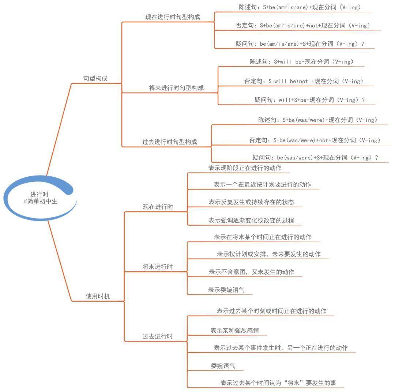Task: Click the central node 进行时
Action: coord(39,194)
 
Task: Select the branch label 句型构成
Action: coord(95,78)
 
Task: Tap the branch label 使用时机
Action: coord(98,296)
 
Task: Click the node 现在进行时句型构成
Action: coord(173,17)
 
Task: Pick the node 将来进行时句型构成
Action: coord(176,88)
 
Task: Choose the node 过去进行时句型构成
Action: coord(170,142)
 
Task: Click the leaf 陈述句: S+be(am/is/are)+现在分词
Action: coord(300,7)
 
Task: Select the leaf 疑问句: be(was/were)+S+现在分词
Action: coord(315,158)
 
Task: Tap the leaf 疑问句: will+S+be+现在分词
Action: coord(310,100)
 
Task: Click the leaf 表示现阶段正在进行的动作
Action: coord(245,168)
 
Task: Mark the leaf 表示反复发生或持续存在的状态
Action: coord(251,202)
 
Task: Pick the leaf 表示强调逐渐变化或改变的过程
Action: coord(251,220)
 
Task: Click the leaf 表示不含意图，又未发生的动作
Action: coord(251,272)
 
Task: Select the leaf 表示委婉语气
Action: coord(226,290)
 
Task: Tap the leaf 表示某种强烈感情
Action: coord(234,330)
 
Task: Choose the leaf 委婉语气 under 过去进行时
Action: coord(223,366)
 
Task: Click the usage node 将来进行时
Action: coord(158,267)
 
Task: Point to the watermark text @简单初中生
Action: coord(41,201)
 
